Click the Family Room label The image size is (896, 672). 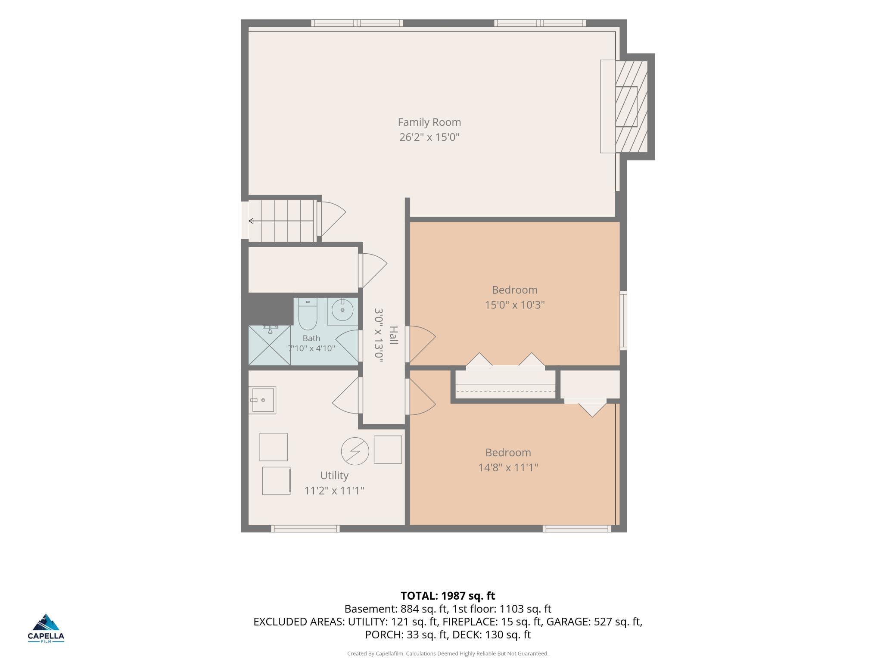[x=429, y=122]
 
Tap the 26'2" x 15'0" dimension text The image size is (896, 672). [x=429, y=137]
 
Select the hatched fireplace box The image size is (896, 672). [x=632, y=106]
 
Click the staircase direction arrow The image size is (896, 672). [x=281, y=221]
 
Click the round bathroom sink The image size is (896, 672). [x=342, y=310]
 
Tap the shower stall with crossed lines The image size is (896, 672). [x=270, y=345]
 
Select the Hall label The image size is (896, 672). [x=393, y=335]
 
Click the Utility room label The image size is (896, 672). [x=334, y=475]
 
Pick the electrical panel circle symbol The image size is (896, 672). [x=355, y=451]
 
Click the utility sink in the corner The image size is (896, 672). [x=262, y=400]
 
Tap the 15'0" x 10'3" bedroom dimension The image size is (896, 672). [x=515, y=305]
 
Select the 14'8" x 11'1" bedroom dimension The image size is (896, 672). [x=508, y=467]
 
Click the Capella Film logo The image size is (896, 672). [x=46, y=628]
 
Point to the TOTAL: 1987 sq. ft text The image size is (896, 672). [x=448, y=596]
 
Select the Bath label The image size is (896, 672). [x=311, y=338]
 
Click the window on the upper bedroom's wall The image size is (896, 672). [x=623, y=320]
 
